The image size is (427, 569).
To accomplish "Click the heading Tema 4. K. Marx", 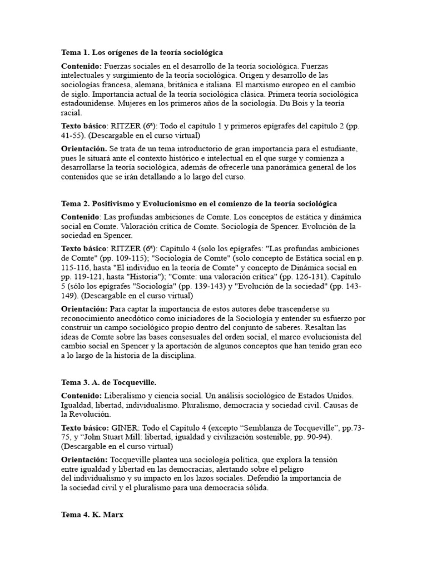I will [92, 515].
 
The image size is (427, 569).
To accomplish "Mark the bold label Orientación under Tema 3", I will [84, 460].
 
